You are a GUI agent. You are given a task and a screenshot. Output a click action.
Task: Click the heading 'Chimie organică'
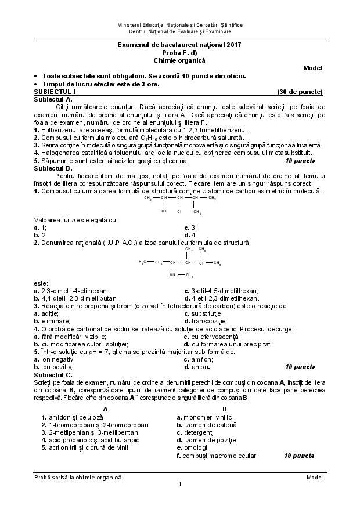point(179,60)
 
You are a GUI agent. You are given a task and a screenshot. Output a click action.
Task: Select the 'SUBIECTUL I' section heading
point(55,92)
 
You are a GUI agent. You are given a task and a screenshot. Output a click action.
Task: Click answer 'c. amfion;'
point(200,359)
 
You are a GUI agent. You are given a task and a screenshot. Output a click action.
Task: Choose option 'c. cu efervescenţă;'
point(211,336)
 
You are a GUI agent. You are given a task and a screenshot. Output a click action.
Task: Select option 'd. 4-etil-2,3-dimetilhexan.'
point(221,298)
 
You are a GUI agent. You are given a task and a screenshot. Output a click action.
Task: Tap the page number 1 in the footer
point(180,485)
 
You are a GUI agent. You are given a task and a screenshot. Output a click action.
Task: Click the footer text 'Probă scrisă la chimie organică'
point(78,476)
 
